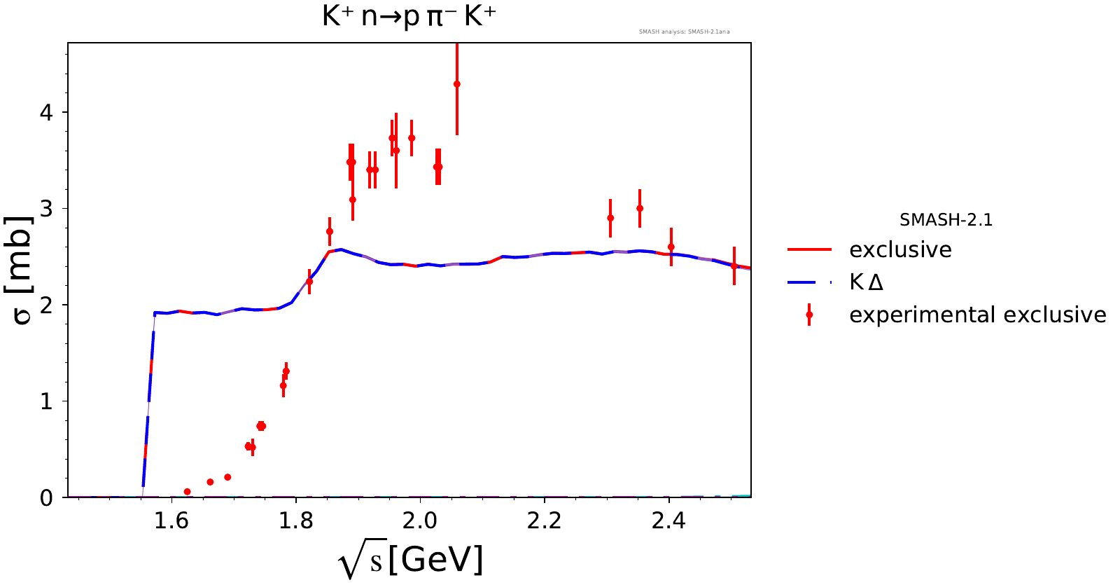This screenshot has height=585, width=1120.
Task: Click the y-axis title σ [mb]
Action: coord(22,270)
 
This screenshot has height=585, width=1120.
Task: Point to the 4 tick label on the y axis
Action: coord(46,112)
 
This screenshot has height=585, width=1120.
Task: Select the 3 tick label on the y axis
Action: coord(46,209)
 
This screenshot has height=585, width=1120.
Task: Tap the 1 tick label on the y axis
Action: coord(46,401)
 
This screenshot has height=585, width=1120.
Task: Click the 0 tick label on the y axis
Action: coord(46,498)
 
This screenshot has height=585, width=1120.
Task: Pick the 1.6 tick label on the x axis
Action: coord(171,521)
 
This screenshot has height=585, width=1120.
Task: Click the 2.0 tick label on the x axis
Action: coord(420,521)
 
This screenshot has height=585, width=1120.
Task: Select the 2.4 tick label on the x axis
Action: coord(668,521)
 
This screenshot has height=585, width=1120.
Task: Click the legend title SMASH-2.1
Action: coord(946,220)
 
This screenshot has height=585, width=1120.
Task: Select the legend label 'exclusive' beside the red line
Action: coord(900,250)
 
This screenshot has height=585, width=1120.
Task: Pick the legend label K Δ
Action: coord(866,282)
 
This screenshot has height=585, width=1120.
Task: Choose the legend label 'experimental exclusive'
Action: coord(977,315)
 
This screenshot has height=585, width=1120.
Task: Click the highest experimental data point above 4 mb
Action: coord(457,84)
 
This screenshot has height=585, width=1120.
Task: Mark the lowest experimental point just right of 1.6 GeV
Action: coord(187,492)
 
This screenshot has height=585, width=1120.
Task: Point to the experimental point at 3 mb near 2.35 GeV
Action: coord(640,209)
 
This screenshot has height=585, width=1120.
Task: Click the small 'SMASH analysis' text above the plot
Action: coord(684,32)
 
